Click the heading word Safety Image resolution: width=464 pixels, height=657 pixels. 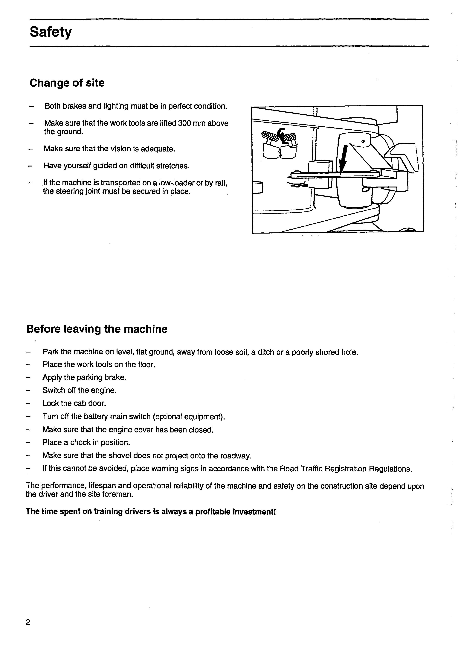(51, 32)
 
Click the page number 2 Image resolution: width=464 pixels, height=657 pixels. (28, 622)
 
